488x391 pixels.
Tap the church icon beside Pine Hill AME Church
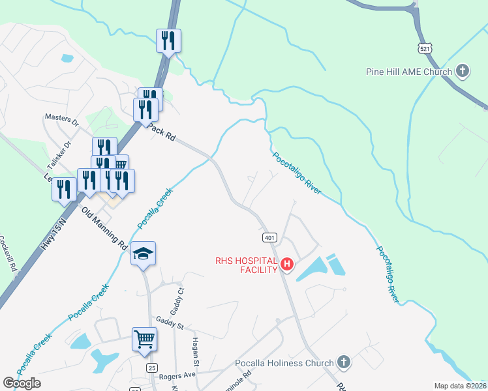pyautogui.click(x=463, y=71)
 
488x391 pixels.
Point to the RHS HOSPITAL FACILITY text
pyautogui.click(x=247, y=265)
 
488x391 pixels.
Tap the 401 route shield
pyautogui.click(x=271, y=237)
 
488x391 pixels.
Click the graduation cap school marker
pyautogui.click(x=143, y=253)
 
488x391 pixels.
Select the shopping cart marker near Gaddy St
pyautogui.click(x=145, y=339)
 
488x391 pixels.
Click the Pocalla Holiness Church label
pyautogui.click(x=284, y=363)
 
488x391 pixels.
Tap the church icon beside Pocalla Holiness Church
pyautogui.click(x=344, y=362)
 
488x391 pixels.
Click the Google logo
pyautogui.click(x=22, y=383)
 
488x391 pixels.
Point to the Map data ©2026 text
pyautogui.click(x=461, y=386)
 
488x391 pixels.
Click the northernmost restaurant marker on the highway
pyautogui.click(x=168, y=41)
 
